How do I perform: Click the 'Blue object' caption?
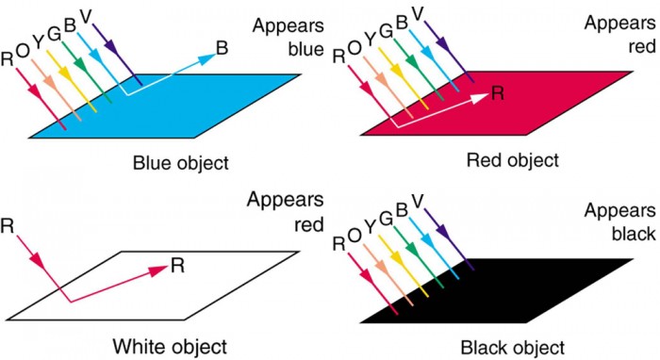click(x=181, y=162)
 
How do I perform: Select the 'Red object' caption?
click(x=513, y=160)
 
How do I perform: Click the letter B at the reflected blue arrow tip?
click(x=222, y=46)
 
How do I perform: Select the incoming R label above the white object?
click(x=8, y=226)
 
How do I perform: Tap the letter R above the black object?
click(x=338, y=244)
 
